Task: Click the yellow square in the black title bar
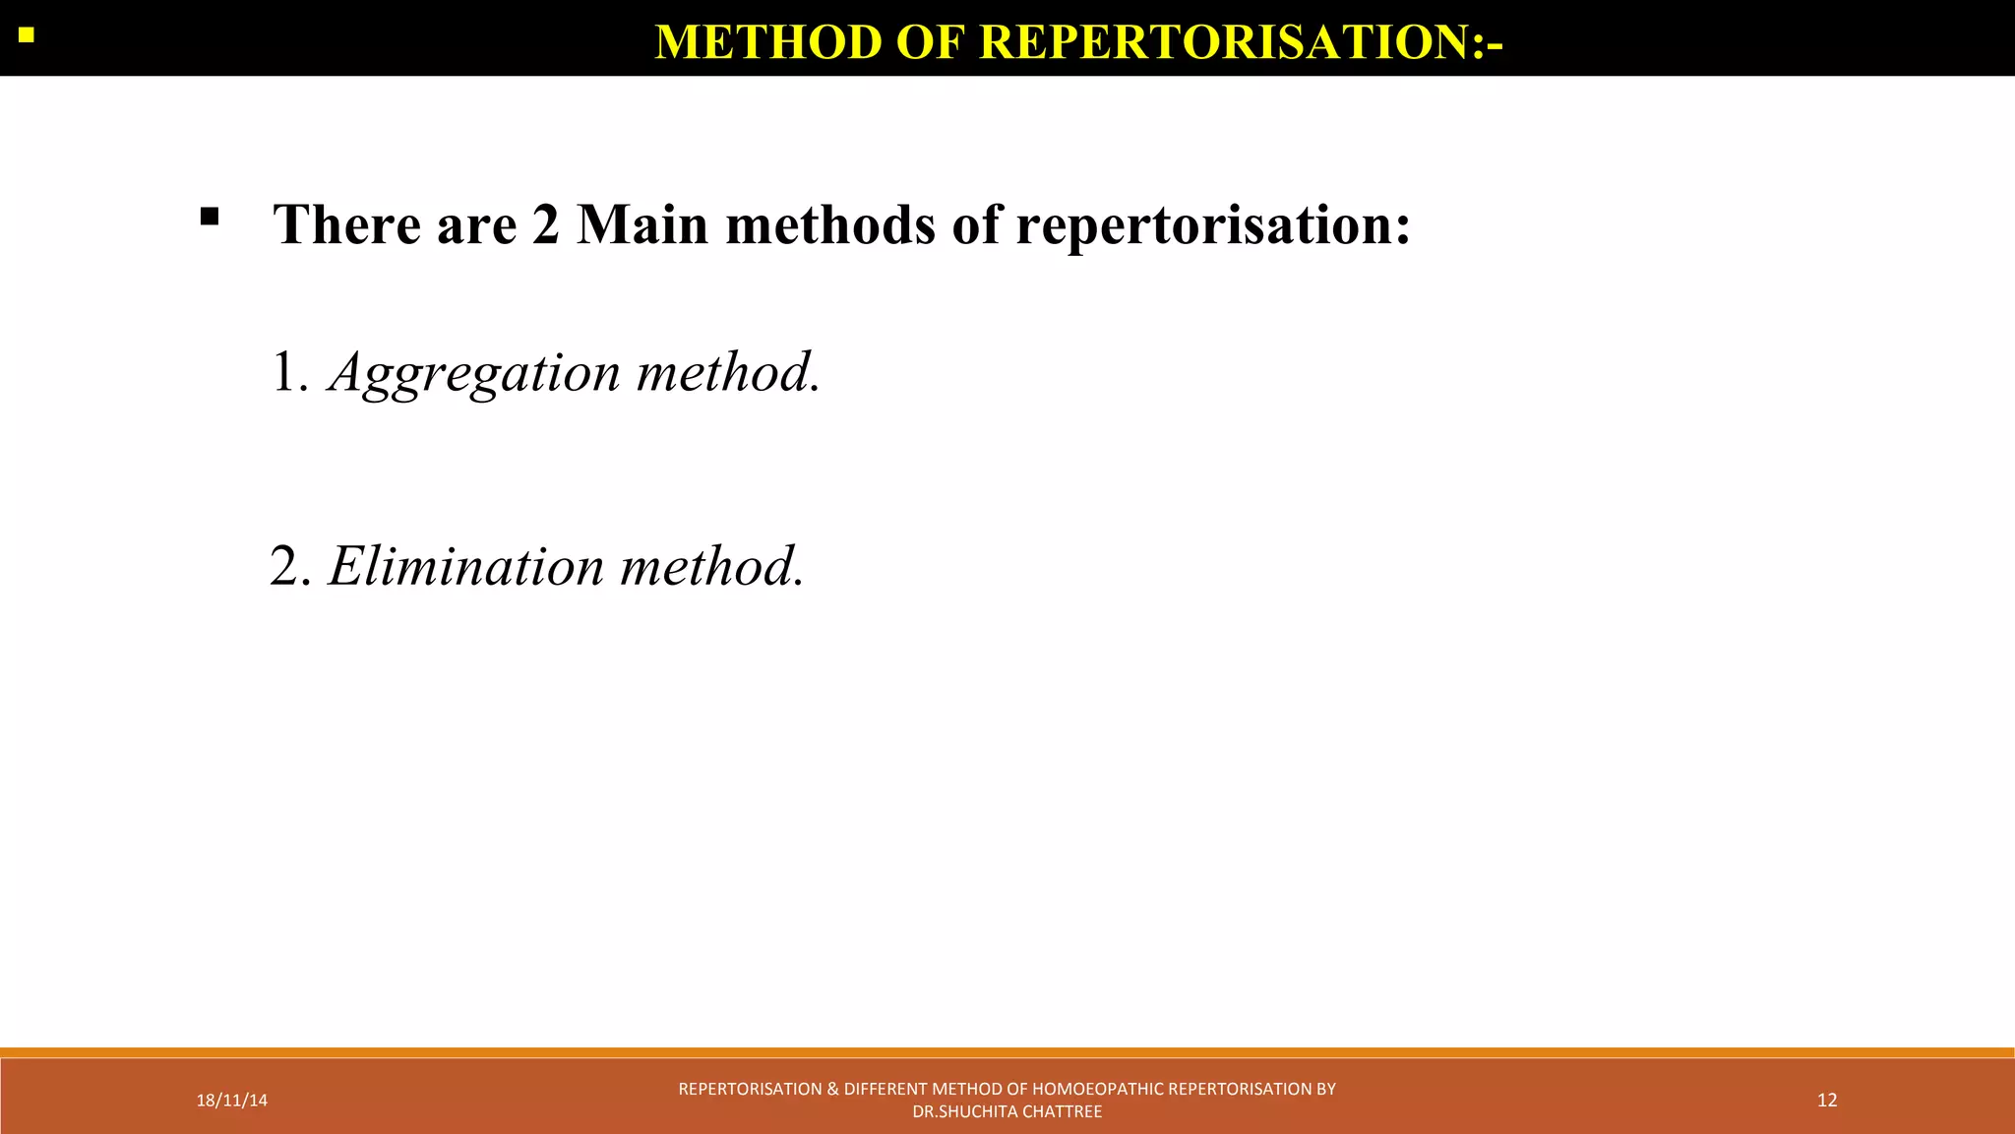tap(27, 36)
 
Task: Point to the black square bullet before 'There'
tap(210, 217)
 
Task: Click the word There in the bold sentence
tap(346, 224)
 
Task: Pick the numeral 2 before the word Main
tap(546, 224)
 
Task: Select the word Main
tap(641, 224)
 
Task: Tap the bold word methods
tap(830, 224)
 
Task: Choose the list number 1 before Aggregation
tap(286, 373)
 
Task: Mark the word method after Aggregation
tap(727, 373)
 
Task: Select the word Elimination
tap(466, 567)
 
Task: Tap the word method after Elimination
tap(711, 567)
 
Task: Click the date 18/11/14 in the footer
tap(231, 1101)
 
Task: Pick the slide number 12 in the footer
tap(1827, 1101)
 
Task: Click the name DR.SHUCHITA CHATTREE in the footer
tap(1007, 1112)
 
